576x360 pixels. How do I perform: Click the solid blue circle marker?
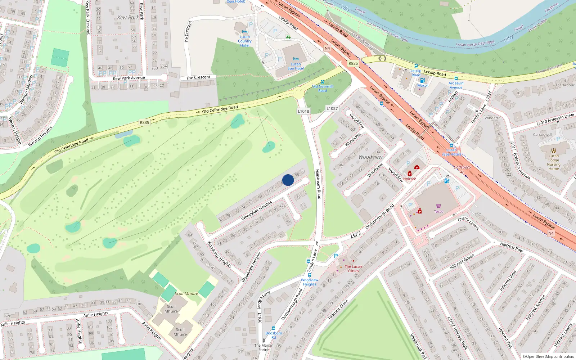(x=288, y=180)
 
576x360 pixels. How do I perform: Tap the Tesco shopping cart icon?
(x=438, y=206)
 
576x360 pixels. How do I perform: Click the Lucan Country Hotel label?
(x=245, y=41)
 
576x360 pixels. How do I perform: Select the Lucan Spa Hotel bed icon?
(x=296, y=59)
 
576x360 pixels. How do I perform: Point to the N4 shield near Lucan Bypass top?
(x=327, y=48)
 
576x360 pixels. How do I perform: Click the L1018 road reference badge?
(x=303, y=111)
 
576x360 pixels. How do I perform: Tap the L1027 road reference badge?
(x=332, y=108)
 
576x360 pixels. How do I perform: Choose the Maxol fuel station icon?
(x=422, y=80)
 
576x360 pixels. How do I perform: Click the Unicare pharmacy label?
(x=410, y=179)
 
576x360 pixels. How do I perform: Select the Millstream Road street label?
(x=318, y=184)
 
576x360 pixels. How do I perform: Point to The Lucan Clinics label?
(x=353, y=269)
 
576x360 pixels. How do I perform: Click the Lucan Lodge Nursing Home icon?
(x=554, y=150)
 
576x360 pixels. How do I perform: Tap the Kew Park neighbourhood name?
(x=128, y=17)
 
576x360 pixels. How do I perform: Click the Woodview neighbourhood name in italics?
(x=370, y=157)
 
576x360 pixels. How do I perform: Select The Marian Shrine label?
(x=264, y=347)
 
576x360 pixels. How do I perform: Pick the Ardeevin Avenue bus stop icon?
(x=456, y=78)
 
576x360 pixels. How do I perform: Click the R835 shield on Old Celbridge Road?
(x=144, y=122)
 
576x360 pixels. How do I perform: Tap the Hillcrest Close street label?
(x=338, y=310)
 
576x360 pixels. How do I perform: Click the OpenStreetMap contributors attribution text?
(x=548, y=356)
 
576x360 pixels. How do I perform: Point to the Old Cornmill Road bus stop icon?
(x=322, y=82)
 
